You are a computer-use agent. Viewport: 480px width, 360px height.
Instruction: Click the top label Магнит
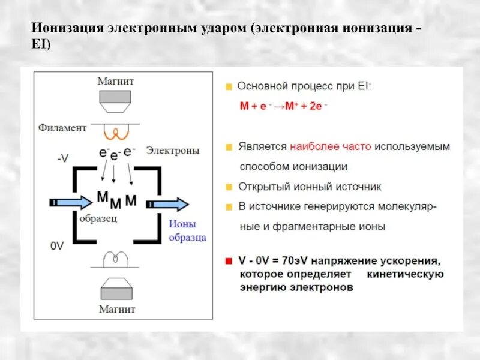(x=118, y=80)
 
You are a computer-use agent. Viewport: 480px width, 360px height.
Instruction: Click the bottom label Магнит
(x=118, y=310)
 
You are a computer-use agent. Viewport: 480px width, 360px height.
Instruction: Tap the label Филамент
(x=62, y=127)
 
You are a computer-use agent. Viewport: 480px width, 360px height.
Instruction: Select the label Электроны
(x=173, y=151)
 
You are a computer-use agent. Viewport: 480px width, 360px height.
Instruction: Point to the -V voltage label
(x=63, y=158)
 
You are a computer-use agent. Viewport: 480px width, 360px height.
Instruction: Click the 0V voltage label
(x=57, y=246)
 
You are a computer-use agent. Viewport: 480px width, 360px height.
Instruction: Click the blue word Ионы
(x=180, y=224)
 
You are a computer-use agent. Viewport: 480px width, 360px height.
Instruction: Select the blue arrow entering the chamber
(x=71, y=203)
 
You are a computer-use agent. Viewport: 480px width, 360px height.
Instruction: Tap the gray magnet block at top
(x=118, y=97)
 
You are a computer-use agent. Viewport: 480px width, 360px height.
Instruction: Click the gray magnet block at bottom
(x=118, y=292)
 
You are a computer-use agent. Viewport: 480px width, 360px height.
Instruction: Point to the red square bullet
(x=228, y=262)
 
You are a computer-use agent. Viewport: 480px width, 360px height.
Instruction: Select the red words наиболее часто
(x=331, y=146)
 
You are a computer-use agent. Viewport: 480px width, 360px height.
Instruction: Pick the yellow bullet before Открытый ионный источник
(x=228, y=187)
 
